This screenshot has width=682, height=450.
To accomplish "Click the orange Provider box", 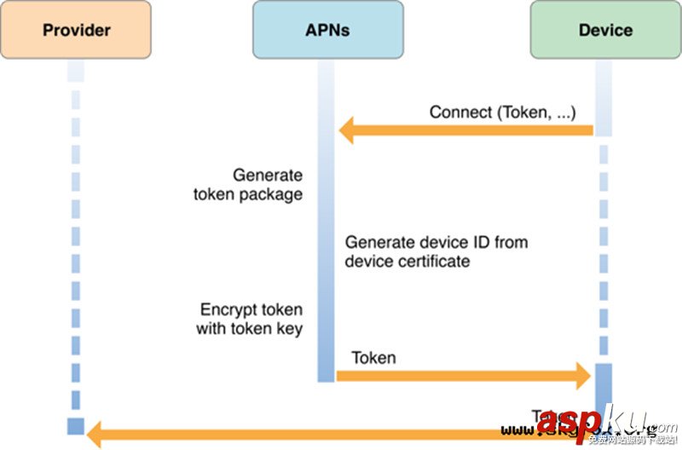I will point(76,30).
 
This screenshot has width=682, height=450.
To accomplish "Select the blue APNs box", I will point(327,30).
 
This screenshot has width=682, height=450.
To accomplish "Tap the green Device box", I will point(605,30).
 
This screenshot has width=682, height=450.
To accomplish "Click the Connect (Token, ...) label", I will point(502,112).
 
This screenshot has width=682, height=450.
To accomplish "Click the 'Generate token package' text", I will point(247,185).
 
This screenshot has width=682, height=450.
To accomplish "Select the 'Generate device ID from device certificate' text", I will point(436,251).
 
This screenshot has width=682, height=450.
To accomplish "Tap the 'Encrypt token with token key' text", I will point(250,319).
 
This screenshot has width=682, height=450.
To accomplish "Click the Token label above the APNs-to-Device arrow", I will point(373,357).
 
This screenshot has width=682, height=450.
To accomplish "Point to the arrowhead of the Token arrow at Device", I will point(584,375).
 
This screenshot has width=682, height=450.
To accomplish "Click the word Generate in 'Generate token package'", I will point(268,176).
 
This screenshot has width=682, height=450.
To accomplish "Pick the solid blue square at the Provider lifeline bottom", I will point(76,426).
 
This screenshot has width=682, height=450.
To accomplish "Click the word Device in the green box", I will point(605,30).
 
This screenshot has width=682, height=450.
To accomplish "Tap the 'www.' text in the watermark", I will point(518,430).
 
